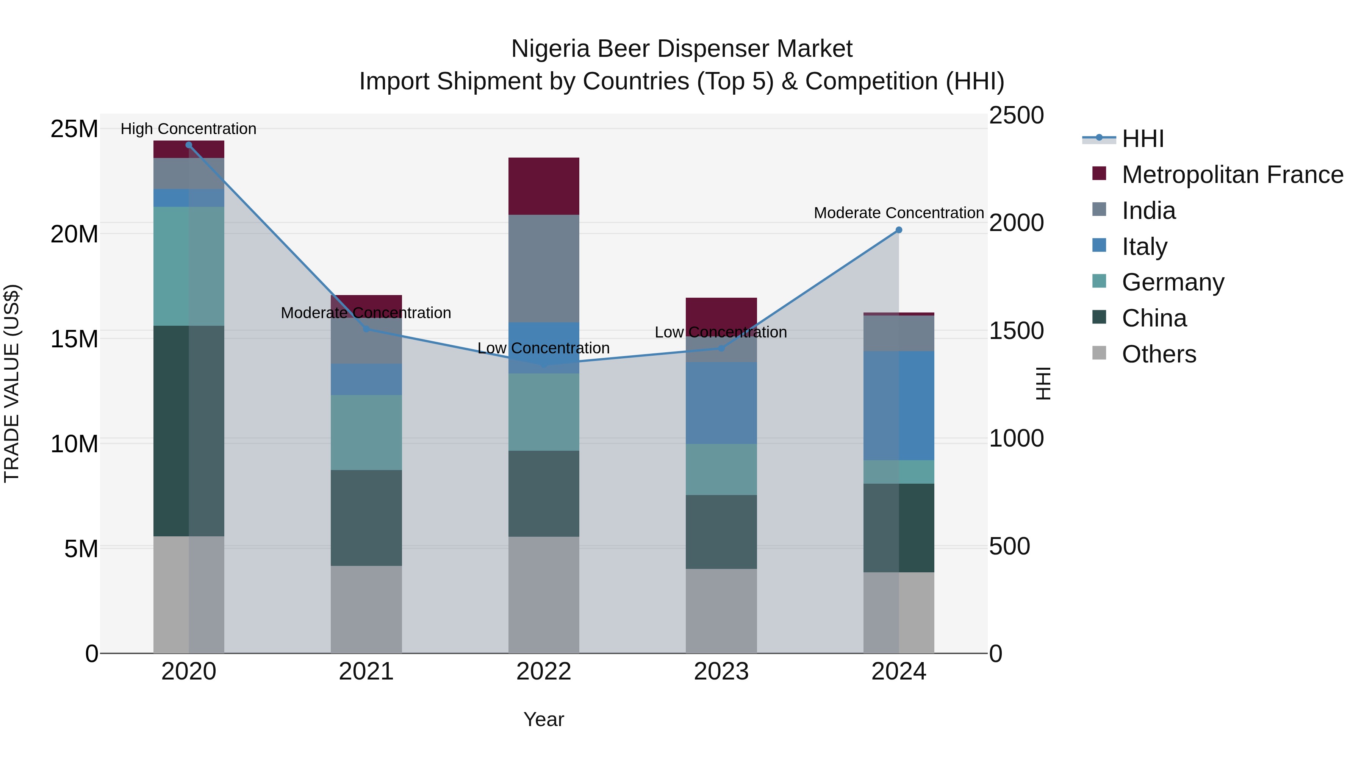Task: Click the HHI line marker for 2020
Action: tap(189, 145)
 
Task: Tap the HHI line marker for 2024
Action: tap(899, 230)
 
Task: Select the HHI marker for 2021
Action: tap(366, 329)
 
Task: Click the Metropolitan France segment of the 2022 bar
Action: tap(544, 186)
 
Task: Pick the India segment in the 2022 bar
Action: tap(544, 269)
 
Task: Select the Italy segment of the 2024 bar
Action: tap(899, 405)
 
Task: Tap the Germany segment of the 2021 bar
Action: tap(366, 433)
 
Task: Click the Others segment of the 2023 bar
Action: tap(721, 611)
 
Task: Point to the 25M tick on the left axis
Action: tap(74, 129)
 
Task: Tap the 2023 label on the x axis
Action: tap(721, 672)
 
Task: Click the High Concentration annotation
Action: tap(189, 129)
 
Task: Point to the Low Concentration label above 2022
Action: tap(543, 348)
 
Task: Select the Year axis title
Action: tap(543, 719)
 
